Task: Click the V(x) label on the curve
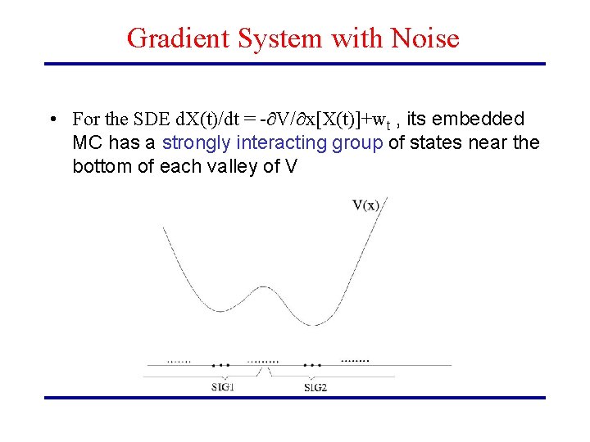click(366, 205)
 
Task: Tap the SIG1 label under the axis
click(220, 386)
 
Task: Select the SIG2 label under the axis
click(315, 386)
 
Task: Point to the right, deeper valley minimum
click(302, 323)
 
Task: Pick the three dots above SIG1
click(220, 365)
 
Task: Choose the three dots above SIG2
click(312, 365)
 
